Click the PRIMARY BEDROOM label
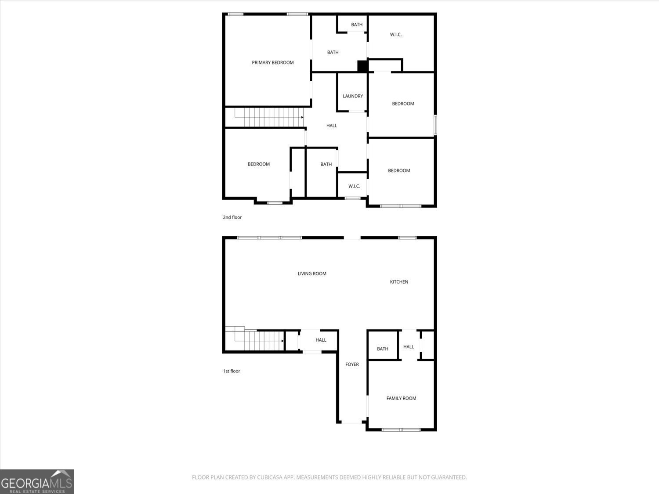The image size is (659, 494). (272, 62)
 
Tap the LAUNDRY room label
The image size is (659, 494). (353, 96)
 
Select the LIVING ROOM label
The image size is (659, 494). (312, 274)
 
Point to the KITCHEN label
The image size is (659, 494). (399, 282)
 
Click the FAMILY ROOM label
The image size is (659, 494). (401, 398)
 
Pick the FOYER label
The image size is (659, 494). (352, 364)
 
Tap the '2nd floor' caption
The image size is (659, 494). (232, 217)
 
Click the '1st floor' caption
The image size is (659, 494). (232, 371)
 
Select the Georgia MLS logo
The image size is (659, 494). (37, 482)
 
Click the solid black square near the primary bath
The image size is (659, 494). (362, 66)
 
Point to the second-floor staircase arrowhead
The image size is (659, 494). (302, 117)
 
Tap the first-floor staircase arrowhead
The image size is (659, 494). (282, 340)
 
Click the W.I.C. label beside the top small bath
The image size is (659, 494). (396, 34)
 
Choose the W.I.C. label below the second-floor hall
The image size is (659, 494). (354, 186)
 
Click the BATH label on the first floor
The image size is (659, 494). (382, 349)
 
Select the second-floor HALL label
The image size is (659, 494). (332, 126)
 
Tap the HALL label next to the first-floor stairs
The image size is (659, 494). (321, 340)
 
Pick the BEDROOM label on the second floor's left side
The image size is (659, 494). (258, 164)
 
